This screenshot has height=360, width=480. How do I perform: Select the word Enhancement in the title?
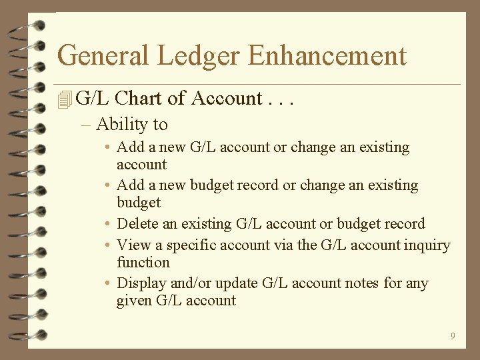coord(327,55)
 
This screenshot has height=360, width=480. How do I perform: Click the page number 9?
coord(453,336)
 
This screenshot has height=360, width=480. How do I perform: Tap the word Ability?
coord(122,125)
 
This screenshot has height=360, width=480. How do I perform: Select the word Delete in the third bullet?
coord(137,223)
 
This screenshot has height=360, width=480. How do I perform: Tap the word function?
coord(143,263)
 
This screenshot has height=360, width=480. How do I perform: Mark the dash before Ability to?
coord(86,125)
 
